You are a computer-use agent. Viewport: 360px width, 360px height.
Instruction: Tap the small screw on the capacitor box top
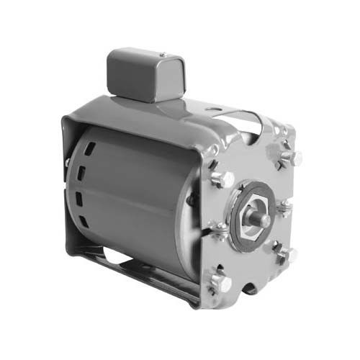tap(163, 54)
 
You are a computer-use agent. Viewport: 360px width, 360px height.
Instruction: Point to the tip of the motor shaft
tap(264, 220)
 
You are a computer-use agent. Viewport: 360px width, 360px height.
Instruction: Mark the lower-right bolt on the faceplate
tap(287, 254)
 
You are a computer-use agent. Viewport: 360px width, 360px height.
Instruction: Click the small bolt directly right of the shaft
tap(284, 209)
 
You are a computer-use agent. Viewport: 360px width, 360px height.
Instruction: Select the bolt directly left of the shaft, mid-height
tap(217, 231)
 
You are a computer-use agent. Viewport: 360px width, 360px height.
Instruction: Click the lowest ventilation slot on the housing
tap(81, 228)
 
